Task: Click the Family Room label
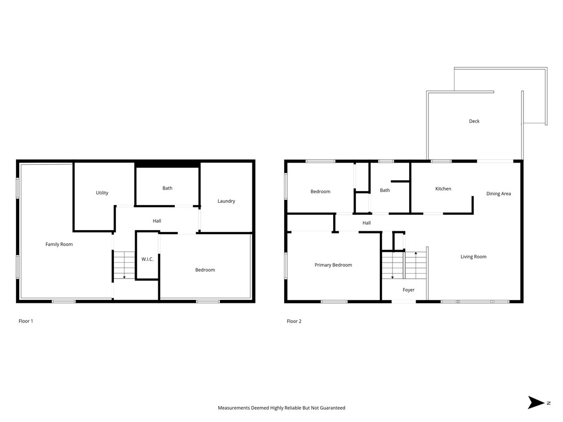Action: (59, 245)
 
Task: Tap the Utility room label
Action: (102, 193)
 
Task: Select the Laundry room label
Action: (226, 201)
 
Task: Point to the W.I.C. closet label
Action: (147, 259)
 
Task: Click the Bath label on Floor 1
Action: (167, 188)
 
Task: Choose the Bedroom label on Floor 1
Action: (205, 270)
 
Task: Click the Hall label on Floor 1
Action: (157, 221)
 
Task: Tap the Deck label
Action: (474, 121)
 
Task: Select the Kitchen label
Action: (443, 189)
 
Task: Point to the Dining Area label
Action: (499, 194)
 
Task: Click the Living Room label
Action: (473, 257)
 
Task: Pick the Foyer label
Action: (409, 290)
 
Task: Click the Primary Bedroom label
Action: (333, 265)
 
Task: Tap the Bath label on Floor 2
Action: (385, 191)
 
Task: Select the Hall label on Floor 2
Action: (367, 223)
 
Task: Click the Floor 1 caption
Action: (26, 321)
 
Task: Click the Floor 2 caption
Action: (294, 321)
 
